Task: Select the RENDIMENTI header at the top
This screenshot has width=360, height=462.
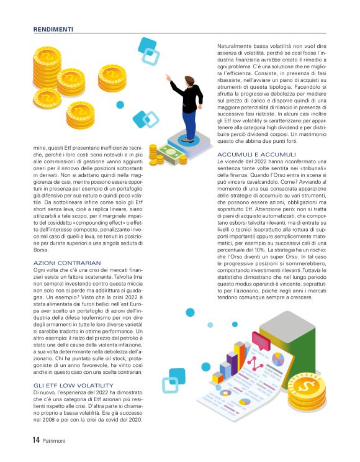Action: point(53,29)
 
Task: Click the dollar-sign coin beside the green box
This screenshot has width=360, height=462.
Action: point(306,389)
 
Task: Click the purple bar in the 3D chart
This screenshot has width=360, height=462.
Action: point(233,360)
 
